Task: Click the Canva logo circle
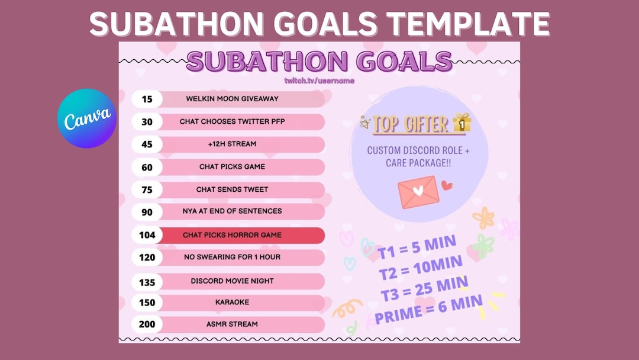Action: coord(86,118)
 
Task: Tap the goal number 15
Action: coord(147,99)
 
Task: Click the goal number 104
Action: coord(147,235)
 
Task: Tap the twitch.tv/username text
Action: coord(319,80)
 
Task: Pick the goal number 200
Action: coord(147,324)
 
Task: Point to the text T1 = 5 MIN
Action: coord(417,248)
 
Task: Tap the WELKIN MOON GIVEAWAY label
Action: coord(232,98)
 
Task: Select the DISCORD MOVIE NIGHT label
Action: coord(232,281)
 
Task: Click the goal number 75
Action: coord(147,190)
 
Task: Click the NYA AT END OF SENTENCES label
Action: coord(232,211)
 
